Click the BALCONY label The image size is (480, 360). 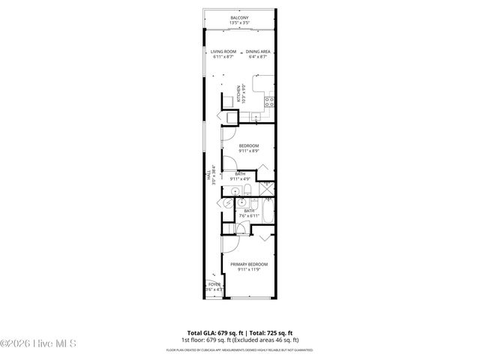(x=240, y=16)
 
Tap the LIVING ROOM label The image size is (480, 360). (x=223, y=51)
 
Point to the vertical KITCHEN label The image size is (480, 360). (x=239, y=93)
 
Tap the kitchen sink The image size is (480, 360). (x=253, y=115)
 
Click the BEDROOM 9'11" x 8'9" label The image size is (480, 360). (x=248, y=145)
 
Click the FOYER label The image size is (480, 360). (x=214, y=286)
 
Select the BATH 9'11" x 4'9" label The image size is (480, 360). (x=241, y=174)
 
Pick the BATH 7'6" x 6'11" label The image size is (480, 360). (x=249, y=211)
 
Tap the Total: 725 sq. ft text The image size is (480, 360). (x=271, y=332)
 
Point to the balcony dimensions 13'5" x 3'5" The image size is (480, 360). (x=240, y=22)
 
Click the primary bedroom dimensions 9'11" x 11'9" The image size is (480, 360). (x=248, y=270)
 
